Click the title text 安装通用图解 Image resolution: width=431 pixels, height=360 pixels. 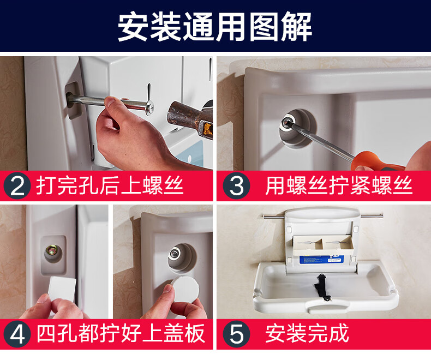point(215,27)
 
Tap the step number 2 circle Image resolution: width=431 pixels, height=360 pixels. point(17,186)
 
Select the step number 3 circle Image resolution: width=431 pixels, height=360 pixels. point(236,186)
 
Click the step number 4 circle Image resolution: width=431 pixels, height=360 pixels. point(17,334)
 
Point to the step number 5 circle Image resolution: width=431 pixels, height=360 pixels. point(236,334)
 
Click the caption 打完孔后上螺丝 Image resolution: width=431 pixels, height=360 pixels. point(110,185)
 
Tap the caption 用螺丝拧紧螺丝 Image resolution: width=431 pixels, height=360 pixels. point(339,185)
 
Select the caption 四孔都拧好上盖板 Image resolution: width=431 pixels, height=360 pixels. point(121,334)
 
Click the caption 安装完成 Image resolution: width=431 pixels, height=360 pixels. point(307,334)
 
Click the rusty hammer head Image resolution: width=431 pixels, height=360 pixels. point(190,119)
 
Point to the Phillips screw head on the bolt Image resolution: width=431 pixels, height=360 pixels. point(150,107)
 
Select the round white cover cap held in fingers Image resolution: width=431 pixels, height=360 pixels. point(185,291)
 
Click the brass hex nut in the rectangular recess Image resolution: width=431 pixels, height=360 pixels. point(51,250)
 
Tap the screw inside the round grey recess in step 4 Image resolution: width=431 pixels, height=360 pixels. point(175,253)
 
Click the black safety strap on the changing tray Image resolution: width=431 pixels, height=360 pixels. point(321,287)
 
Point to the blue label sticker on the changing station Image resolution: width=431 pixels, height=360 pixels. point(321,260)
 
